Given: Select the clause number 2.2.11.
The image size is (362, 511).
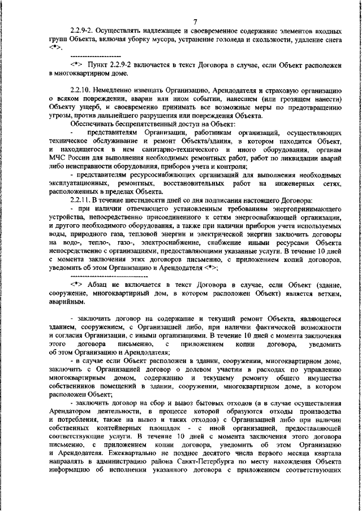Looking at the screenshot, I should tap(82, 200).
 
